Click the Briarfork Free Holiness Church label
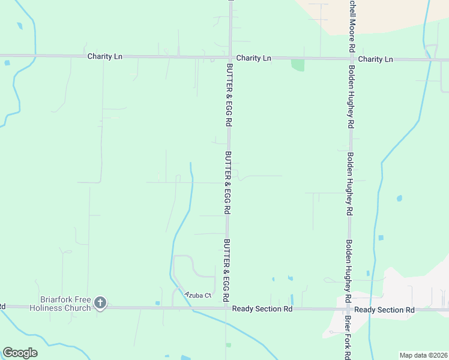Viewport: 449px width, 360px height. click(x=65, y=303)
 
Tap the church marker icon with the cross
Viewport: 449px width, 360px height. click(x=100, y=303)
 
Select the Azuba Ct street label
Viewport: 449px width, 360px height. click(x=198, y=295)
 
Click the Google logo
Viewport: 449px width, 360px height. click(x=20, y=352)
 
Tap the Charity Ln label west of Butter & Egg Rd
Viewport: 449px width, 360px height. click(x=104, y=56)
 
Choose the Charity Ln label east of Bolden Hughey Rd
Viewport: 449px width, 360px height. click(x=375, y=59)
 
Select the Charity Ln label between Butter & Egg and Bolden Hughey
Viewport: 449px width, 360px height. click(x=253, y=58)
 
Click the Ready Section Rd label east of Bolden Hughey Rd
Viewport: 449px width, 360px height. click(x=384, y=310)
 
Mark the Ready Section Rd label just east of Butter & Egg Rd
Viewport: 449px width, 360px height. click(x=262, y=308)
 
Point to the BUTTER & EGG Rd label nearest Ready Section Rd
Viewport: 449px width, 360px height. click(x=226, y=270)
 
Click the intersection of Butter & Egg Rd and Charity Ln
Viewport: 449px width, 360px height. click(x=229, y=58)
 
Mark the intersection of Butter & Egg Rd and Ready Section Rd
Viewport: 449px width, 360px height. click(x=227, y=308)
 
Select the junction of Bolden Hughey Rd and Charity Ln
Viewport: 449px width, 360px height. click(x=351, y=59)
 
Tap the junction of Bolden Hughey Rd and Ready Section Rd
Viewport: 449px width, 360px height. click(x=348, y=309)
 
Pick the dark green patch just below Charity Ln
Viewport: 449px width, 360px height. click(x=298, y=65)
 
